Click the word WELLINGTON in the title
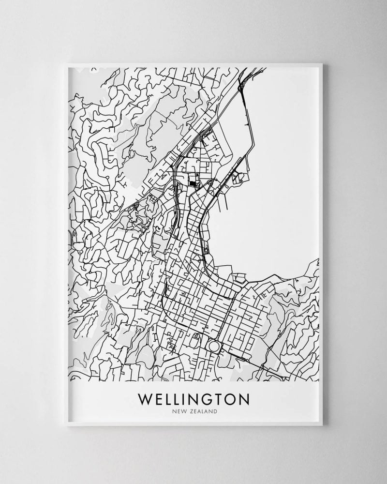tap(193, 399)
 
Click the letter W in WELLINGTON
tap(145, 399)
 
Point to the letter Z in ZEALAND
tap(190, 412)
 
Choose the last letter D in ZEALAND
tap(215, 412)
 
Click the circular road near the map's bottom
tap(213, 347)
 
